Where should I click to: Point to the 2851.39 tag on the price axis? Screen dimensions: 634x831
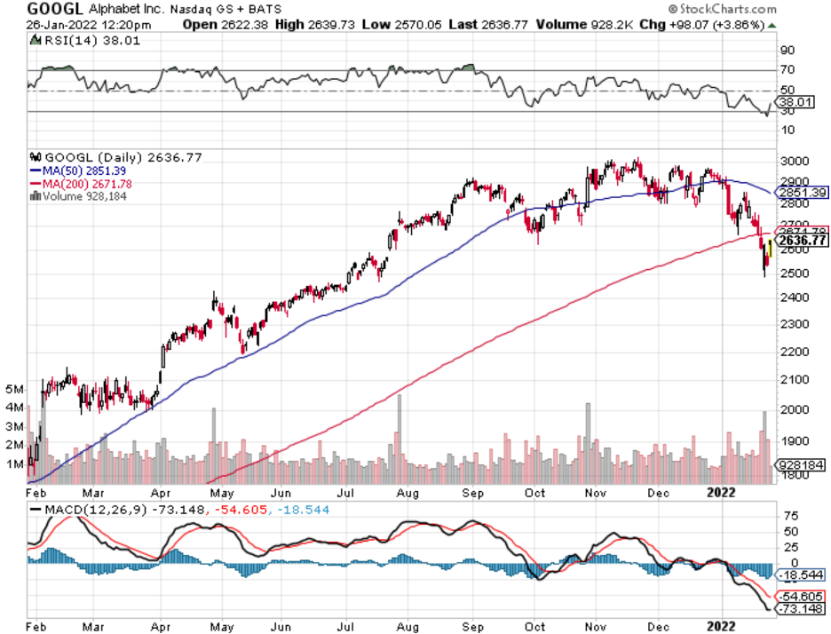pos(802,192)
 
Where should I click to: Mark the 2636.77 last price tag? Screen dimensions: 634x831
pos(802,240)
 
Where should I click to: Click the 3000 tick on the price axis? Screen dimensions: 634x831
pos(793,161)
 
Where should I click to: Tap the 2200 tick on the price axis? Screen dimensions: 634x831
pos(793,352)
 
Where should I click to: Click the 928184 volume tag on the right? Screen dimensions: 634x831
pos(801,464)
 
